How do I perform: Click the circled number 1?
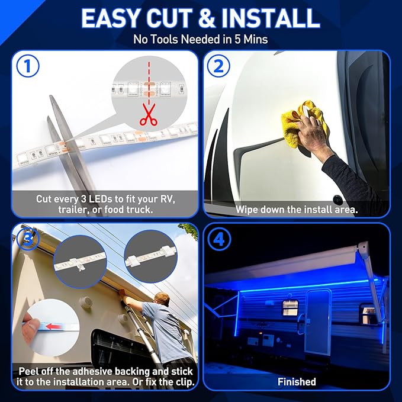(28, 66)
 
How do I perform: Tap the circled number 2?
(218, 66)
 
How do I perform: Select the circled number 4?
(219, 240)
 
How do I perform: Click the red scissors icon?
(148, 114)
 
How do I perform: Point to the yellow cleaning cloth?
(303, 123)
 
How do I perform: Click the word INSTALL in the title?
(271, 18)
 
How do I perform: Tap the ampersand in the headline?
(207, 18)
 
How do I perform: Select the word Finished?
(297, 382)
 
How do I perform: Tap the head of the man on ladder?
(162, 300)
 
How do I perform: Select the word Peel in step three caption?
(28, 371)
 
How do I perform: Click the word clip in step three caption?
(185, 382)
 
